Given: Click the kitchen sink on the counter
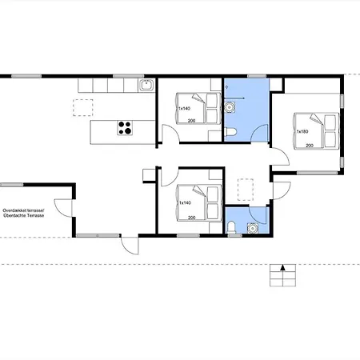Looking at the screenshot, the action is [146, 86].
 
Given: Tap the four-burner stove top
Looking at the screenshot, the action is [125, 128].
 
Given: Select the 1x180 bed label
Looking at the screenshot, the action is [302, 131].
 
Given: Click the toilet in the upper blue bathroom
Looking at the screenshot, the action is [230, 131].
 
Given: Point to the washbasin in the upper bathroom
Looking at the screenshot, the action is [230, 107].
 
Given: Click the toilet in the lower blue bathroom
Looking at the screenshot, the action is [231, 227].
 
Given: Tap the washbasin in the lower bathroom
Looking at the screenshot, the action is [253, 228].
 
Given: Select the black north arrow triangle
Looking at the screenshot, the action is [282, 268].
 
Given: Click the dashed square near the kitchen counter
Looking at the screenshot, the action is [83, 107].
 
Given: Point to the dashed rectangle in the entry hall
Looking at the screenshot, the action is [246, 190].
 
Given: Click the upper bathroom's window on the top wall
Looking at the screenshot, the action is [257, 76].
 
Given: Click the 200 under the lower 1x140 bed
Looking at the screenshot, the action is [192, 218].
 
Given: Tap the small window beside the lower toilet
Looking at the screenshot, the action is [234, 235].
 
